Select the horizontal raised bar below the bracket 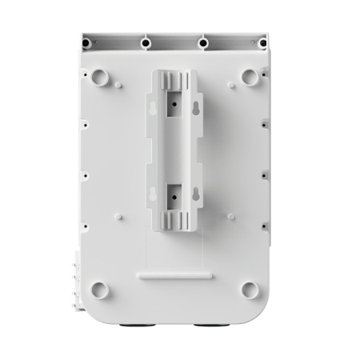tap(174, 274)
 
